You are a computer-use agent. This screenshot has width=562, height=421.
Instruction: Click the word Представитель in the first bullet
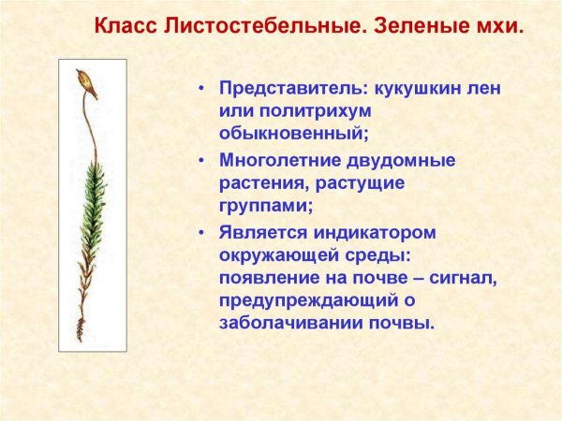click(294, 89)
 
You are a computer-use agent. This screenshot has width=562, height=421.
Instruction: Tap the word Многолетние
click(288, 160)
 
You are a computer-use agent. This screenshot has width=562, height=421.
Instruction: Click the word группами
click(266, 206)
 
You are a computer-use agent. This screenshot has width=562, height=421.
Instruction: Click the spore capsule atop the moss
click(88, 82)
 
